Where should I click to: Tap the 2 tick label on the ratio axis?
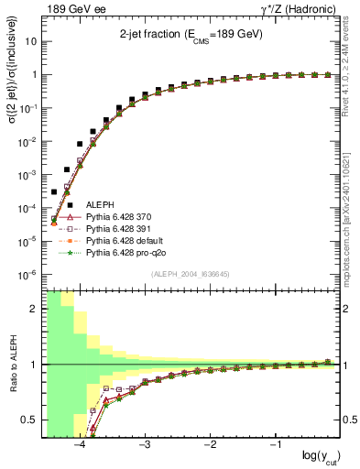tap(34, 310)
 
